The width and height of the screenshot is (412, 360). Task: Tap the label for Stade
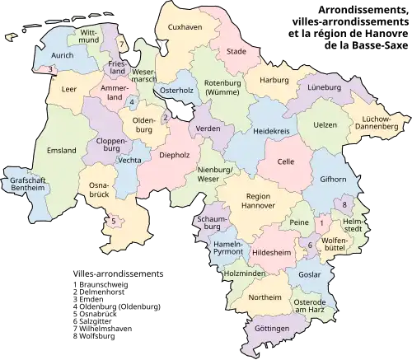pos(236,51)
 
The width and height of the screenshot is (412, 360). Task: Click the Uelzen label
pos(325,124)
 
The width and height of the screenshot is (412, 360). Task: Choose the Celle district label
pos(287,162)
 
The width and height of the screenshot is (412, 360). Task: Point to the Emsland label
pos(62,150)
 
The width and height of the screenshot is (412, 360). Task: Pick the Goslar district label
pos(310,273)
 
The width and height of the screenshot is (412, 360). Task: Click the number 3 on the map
pos(50,69)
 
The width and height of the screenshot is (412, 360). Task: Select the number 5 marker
pos(113,220)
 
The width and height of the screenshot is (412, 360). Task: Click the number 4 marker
pos(133,101)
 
